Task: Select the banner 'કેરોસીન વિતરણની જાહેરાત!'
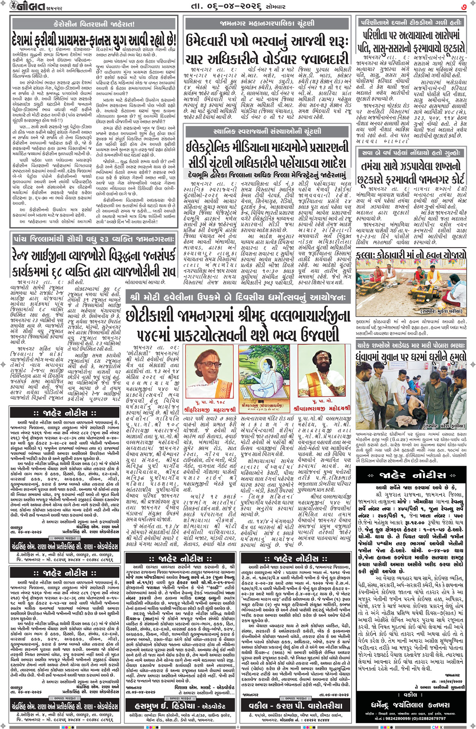point(94,24)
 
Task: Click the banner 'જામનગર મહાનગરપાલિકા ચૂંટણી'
point(267,23)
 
